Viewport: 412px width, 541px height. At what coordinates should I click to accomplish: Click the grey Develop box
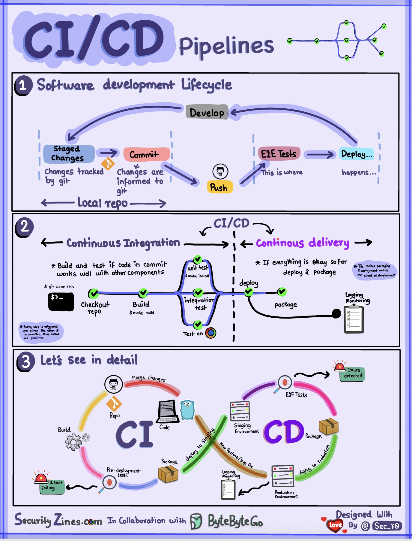(207, 113)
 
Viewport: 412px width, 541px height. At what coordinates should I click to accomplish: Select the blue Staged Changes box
(69, 153)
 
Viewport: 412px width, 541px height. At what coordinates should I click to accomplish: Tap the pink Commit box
(146, 154)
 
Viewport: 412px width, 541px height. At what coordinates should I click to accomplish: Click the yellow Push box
(219, 187)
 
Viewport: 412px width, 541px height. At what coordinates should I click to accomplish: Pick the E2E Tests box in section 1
(279, 154)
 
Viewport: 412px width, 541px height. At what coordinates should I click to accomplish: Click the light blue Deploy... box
(356, 154)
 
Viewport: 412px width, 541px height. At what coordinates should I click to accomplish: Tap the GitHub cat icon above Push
(220, 171)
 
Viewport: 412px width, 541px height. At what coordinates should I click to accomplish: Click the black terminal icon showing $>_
(61, 301)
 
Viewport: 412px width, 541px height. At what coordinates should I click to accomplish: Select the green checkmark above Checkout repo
(94, 293)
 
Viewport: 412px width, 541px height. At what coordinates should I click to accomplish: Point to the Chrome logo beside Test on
(211, 333)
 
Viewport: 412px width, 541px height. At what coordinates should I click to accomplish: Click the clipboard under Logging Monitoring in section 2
(354, 319)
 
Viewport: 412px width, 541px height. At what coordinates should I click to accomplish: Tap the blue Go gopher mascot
(187, 410)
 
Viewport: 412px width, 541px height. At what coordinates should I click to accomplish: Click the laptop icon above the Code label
(168, 411)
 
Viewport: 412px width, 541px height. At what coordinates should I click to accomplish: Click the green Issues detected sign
(352, 373)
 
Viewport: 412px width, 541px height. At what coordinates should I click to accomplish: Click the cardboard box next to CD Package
(328, 426)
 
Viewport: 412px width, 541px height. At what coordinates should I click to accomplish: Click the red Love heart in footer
(335, 525)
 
